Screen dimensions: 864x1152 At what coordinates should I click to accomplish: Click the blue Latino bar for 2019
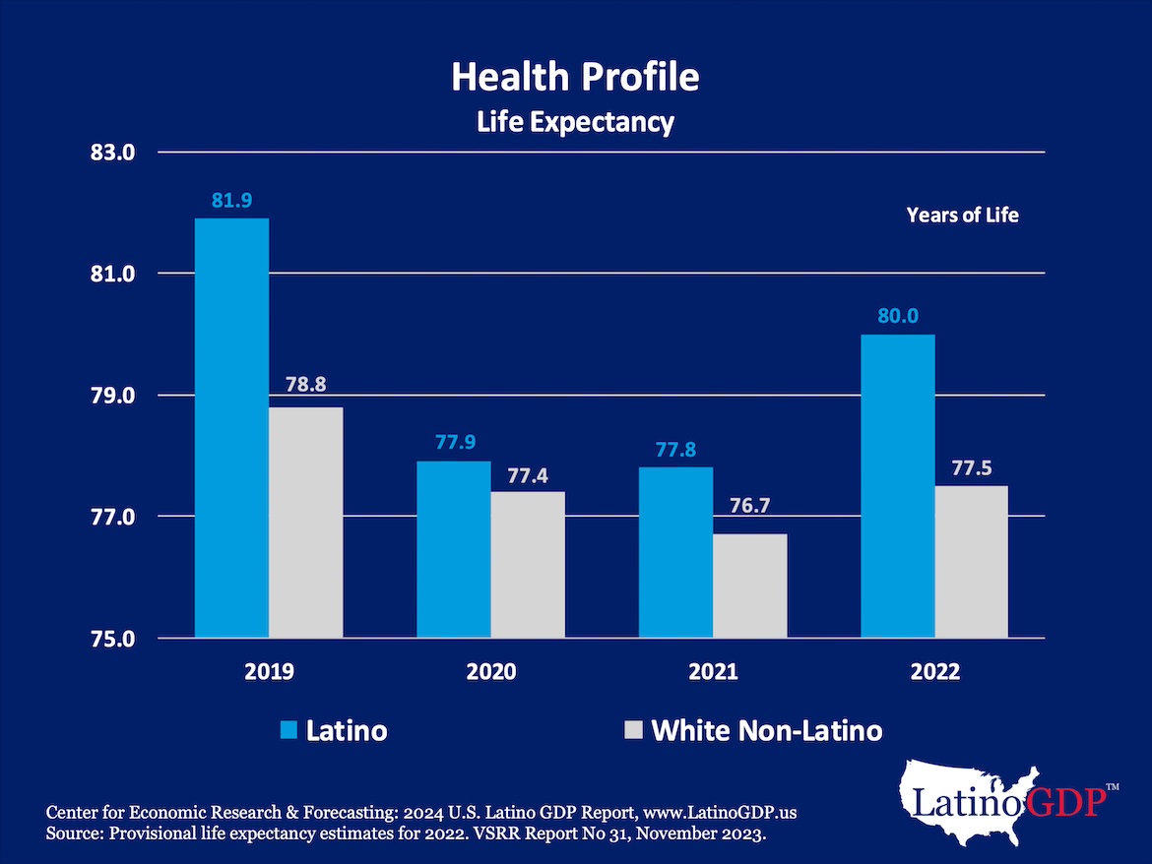pyautogui.click(x=231, y=428)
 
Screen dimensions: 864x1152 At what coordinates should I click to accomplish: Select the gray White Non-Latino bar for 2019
pyautogui.click(x=305, y=523)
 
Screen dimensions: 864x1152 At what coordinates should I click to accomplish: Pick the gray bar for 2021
pyautogui.click(x=750, y=586)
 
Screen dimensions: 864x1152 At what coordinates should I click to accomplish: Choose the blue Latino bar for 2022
pyautogui.click(x=897, y=486)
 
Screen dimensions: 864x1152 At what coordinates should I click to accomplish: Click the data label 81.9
pyautogui.click(x=231, y=201)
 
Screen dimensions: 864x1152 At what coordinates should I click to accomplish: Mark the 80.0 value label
pyautogui.click(x=897, y=317)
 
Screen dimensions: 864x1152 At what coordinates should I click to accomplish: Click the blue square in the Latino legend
pyautogui.click(x=288, y=730)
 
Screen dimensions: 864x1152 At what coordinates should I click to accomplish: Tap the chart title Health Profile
pyautogui.click(x=575, y=77)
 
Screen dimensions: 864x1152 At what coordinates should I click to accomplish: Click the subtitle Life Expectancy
pyautogui.click(x=575, y=122)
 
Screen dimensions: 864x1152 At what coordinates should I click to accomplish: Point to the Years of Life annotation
pyautogui.click(x=962, y=215)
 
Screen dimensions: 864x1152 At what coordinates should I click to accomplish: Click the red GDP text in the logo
pyautogui.click(x=1063, y=802)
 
